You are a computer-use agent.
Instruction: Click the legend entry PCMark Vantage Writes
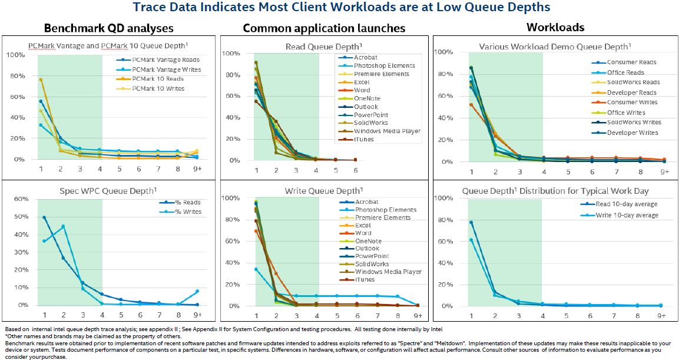point(166,70)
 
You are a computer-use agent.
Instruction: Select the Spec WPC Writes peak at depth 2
point(63,226)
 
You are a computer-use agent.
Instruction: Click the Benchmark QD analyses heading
point(108,28)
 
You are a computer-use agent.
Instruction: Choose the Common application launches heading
point(324,28)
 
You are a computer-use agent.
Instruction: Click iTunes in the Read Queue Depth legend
point(364,139)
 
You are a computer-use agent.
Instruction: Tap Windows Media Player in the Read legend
point(387,131)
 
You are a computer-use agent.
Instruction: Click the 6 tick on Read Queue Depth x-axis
point(356,170)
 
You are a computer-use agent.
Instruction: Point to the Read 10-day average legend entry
point(625,205)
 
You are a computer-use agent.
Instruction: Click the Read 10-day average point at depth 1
point(471,222)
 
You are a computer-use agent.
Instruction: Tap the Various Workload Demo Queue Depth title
point(554,46)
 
